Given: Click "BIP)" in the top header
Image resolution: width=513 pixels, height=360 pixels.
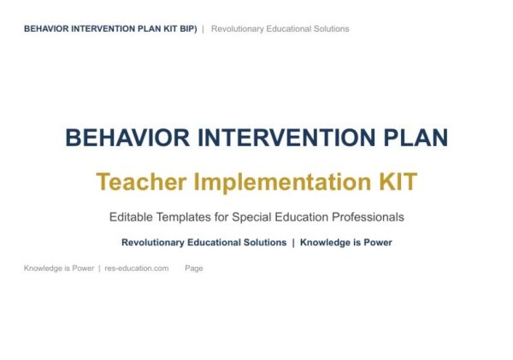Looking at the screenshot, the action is (x=188, y=29).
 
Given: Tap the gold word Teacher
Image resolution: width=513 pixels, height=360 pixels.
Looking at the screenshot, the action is (x=141, y=181).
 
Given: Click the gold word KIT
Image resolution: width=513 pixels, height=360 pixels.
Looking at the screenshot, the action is (x=398, y=181).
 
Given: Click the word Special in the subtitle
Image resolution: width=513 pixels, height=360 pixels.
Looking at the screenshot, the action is (x=251, y=218).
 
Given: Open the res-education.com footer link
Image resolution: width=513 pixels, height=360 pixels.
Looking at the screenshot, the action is (x=137, y=269).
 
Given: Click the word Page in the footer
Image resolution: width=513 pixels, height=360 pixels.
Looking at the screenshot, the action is (x=194, y=269).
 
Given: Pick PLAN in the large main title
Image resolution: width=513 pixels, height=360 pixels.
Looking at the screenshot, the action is (x=416, y=138).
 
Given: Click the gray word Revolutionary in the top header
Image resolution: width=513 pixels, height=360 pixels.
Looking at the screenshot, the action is (x=237, y=29).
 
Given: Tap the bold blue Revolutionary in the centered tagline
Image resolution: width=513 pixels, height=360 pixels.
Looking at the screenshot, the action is (x=153, y=243).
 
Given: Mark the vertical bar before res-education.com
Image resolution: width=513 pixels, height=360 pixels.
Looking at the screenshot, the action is (x=99, y=269).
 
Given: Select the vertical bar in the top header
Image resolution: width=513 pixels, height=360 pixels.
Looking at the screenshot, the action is (x=203, y=29).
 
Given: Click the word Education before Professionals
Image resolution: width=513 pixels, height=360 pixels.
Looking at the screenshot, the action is (x=301, y=217).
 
